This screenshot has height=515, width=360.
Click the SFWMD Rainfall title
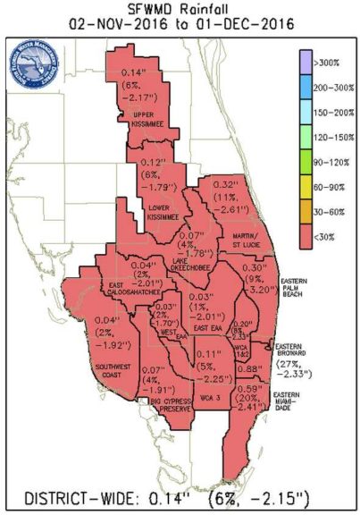pyautogui.click(x=180, y=8)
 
